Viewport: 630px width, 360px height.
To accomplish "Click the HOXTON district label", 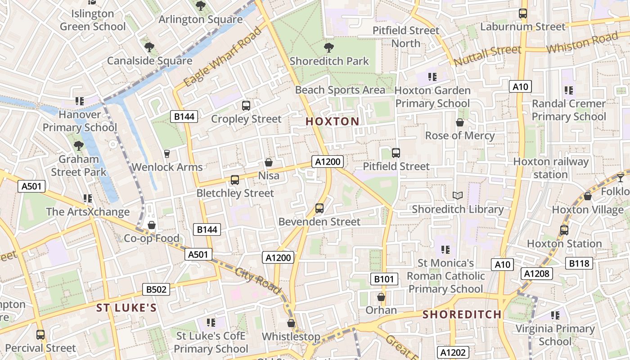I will point(333,121).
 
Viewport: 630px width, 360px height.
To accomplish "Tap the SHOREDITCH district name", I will point(462,314).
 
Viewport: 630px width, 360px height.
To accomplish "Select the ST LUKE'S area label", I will point(127,308).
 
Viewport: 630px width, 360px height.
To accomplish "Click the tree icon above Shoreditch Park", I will point(329,47).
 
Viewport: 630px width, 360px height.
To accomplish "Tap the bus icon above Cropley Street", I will point(246,106).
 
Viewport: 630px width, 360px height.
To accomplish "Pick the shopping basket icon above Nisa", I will point(269,162).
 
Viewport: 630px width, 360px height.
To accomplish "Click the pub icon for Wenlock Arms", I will point(167,154).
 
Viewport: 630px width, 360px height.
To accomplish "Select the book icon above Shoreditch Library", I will point(458,196).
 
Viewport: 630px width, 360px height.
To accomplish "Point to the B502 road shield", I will point(156,289).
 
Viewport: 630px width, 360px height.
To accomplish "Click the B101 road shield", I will point(384,279).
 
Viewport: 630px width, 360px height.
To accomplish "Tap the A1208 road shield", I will point(537,273).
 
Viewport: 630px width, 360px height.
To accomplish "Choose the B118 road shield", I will point(579,263).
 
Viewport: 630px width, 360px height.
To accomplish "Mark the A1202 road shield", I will point(453,352).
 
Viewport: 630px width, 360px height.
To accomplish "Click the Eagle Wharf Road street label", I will point(223,57).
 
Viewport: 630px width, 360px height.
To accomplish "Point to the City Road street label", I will point(258,280).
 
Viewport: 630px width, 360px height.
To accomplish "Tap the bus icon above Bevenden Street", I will point(319,208).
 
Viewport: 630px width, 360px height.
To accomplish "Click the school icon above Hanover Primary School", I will point(80,101).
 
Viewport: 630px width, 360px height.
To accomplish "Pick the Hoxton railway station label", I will point(551,168).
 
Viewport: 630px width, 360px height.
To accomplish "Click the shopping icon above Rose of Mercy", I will point(460,122).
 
